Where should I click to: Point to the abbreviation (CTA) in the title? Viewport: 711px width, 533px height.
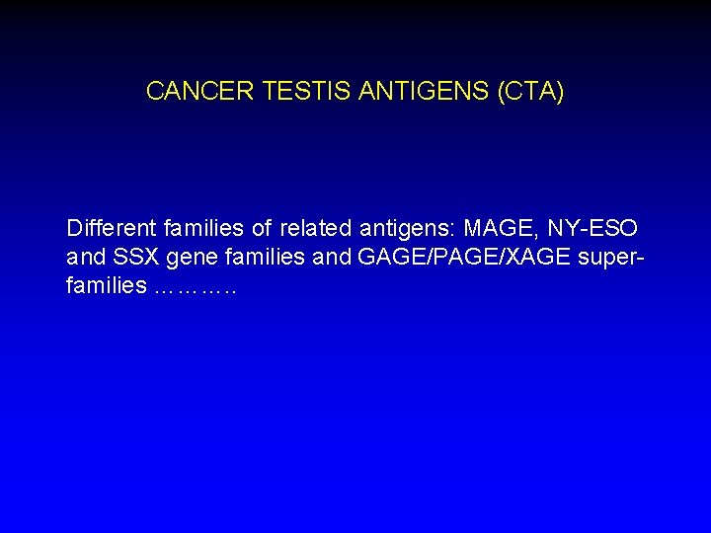[x=532, y=92]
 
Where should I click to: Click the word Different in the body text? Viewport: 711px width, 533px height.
[x=107, y=229]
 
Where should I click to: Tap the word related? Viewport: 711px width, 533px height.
[x=314, y=229]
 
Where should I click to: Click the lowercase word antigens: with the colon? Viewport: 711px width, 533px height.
[x=405, y=230]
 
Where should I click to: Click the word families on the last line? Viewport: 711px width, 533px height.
[x=107, y=289]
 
